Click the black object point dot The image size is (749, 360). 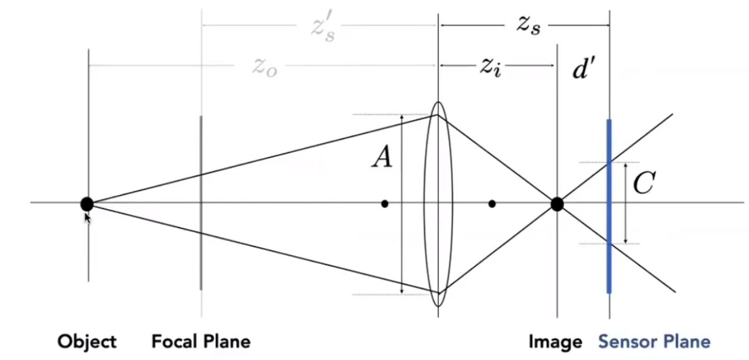pos(87,204)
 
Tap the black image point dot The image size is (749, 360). pos(557,204)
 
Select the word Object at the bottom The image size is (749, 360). pos(87,341)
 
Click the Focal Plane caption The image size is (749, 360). pos(201,341)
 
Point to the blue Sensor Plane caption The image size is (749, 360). pos(654,341)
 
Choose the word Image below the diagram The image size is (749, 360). pos(555,341)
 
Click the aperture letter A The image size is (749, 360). pos(382,158)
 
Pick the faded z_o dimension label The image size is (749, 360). pos(265,67)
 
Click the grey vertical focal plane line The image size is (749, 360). pos(200,249)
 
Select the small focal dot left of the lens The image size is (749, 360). pos(385,204)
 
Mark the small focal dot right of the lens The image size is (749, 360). pos(492,204)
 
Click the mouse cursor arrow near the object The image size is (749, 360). pos(87,217)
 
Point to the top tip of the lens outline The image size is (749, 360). pos(438,103)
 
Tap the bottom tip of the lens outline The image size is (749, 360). pos(438,306)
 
